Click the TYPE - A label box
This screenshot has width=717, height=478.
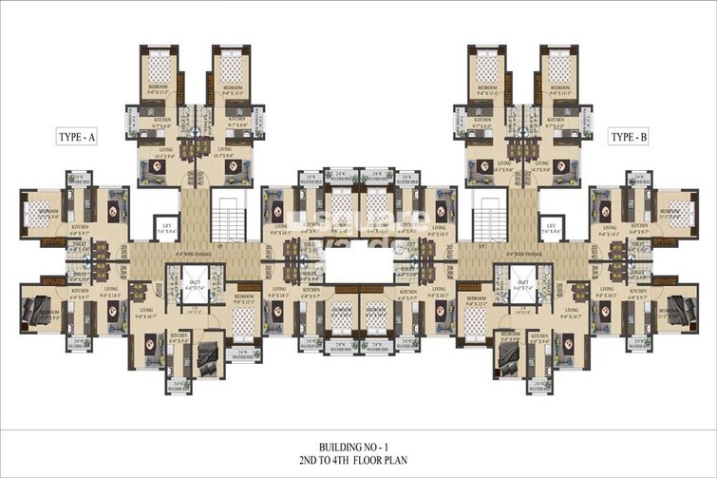pos(77,138)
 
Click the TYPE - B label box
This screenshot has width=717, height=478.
pos(629,138)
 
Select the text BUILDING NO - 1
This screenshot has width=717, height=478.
pos(358,443)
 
